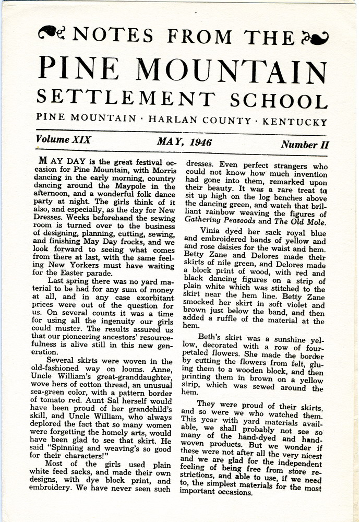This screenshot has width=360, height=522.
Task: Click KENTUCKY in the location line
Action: coord(295,122)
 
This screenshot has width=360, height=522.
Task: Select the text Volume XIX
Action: coord(64,140)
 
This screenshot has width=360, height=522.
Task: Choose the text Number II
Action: coord(305,145)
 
